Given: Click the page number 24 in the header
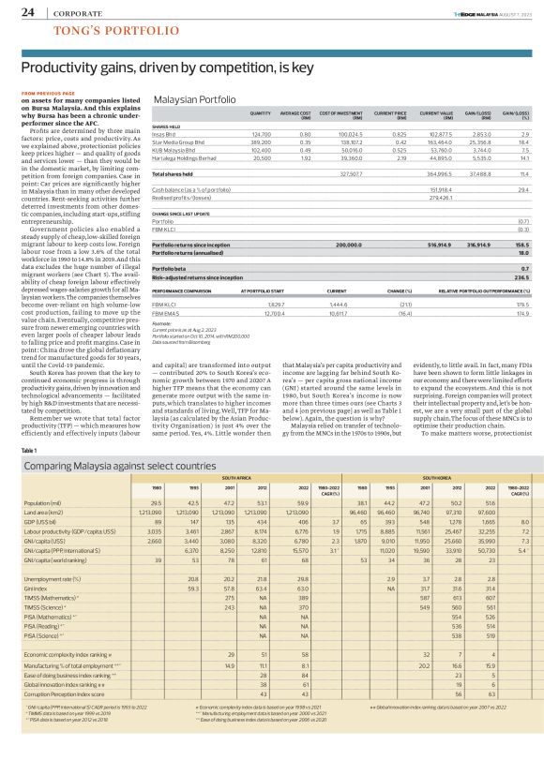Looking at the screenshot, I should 27,12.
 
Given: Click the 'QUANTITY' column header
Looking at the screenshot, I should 259,112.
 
